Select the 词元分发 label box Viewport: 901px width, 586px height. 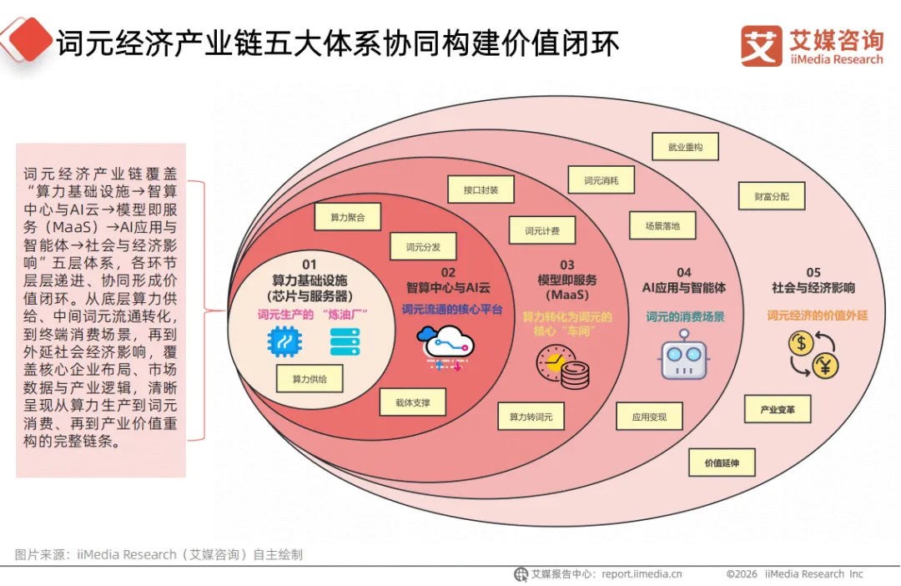pyautogui.click(x=423, y=246)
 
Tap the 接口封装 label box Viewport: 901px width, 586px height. pyautogui.click(x=481, y=190)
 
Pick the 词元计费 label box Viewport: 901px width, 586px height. pyautogui.click(x=542, y=230)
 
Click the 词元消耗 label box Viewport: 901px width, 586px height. pyautogui.click(x=602, y=180)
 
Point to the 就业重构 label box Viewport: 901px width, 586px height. pyautogui.click(x=685, y=147)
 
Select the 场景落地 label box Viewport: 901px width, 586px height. pyautogui.click(x=662, y=225)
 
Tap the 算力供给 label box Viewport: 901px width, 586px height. pyautogui.click(x=310, y=379)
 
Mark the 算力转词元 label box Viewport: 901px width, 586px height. pyautogui.click(x=531, y=416)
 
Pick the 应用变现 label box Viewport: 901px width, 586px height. pyautogui.click(x=649, y=416)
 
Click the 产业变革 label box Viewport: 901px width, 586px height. pyautogui.click(x=778, y=409)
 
